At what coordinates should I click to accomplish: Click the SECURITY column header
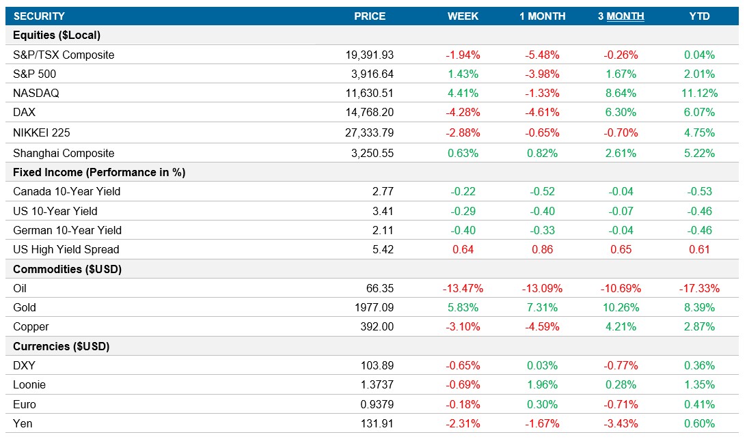pyautogui.click(x=39, y=16)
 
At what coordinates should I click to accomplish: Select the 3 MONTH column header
pyautogui.click(x=621, y=16)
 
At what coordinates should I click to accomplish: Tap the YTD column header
pyautogui.click(x=699, y=16)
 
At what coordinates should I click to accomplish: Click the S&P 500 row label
pyautogui.click(x=37, y=74)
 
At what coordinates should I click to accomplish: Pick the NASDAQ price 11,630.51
pyautogui.click(x=370, y=94)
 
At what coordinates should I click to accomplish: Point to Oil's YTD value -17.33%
pyautogui.click(x=699, y=289)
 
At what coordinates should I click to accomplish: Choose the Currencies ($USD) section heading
pyautogui.click(x=62, y=347)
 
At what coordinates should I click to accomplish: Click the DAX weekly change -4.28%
pyautogui.click(x=463, y=113)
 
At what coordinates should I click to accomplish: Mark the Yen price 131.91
pyautogui.click(x=377, y=424)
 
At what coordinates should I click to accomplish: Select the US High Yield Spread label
pyautogui.click(x=66, y=250)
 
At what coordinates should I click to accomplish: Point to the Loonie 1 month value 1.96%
pyautogui.click(x=542, y=385)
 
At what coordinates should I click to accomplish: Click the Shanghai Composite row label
pyautogui.click(x=64, y=154)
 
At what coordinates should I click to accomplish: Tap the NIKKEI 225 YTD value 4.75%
pyautogui.click(x=699, y=133)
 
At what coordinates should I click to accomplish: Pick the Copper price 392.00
pyautogui.click(x=377, y=327)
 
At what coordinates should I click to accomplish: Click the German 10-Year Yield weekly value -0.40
pyautogui.click(x=463, y=231)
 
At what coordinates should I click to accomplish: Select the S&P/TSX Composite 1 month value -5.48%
pyautogui.click(x=542, y=55)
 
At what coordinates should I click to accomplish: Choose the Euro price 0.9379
pyautogui.click(x=377, y=404)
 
